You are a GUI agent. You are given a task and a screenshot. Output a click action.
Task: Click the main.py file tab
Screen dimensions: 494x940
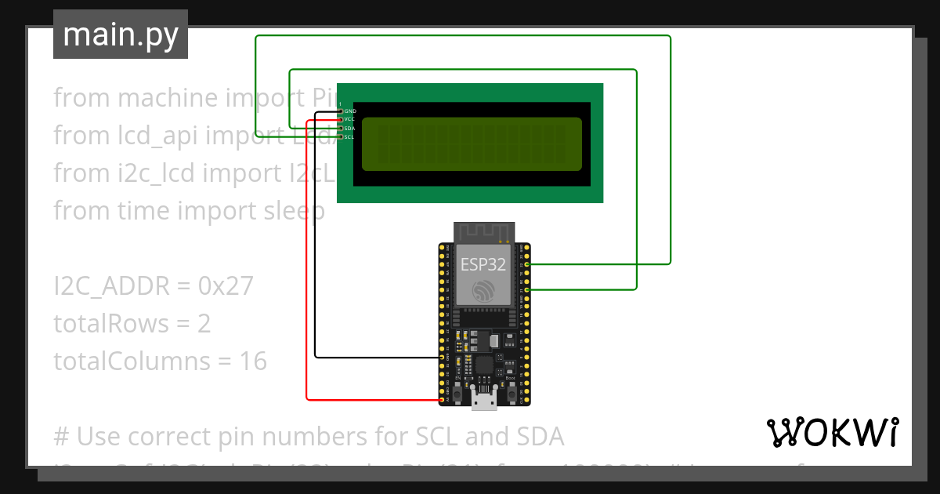click(120, 35)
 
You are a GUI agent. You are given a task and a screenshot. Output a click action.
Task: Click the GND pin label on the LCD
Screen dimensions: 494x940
click(350, 111)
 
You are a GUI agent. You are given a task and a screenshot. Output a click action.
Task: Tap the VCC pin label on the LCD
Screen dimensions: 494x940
click(350, 119)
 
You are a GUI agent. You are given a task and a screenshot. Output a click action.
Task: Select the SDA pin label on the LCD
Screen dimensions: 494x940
click(350, 128)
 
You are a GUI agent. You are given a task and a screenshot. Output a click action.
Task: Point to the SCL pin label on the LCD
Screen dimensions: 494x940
click(350, 136)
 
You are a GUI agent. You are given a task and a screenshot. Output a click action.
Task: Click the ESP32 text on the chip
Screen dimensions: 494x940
click(483, 264)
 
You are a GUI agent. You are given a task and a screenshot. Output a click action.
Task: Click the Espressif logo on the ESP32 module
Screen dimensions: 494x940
click(483, 292)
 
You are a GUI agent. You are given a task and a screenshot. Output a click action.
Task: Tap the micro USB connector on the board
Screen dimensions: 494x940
click(484, 401)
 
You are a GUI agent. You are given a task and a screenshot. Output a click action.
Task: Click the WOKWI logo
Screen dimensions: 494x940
click(832, 432)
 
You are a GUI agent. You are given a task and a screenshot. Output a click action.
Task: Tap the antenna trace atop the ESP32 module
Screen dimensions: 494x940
click(483, 232)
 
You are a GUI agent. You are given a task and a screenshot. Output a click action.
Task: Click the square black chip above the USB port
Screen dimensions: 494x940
click(484, 365)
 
